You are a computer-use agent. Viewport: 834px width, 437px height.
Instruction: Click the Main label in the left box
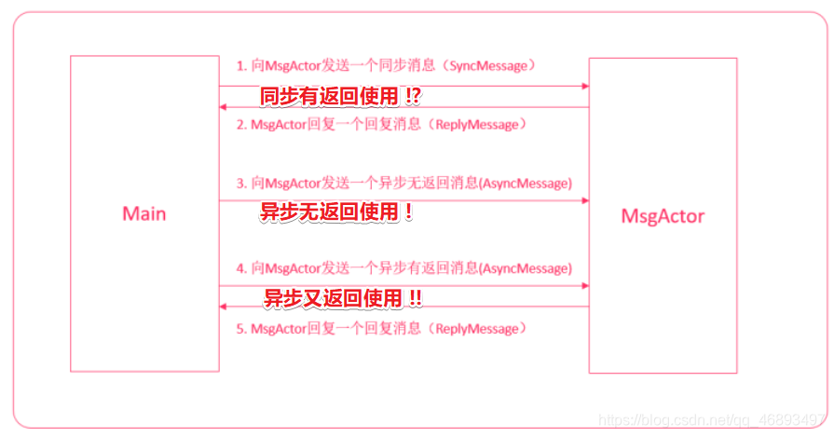144,213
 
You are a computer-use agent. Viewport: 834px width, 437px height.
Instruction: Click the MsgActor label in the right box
663,216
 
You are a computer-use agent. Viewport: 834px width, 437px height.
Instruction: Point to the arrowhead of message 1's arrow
585,86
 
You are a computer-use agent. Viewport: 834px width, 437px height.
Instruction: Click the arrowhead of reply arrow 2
224,107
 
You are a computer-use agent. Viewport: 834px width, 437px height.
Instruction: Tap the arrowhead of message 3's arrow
585,200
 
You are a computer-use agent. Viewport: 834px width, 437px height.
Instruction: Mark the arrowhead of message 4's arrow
585,286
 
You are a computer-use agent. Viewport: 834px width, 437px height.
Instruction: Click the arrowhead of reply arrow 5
224,307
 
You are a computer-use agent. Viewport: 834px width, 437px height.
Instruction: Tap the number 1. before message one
241,66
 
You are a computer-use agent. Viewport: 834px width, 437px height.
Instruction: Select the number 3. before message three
241,183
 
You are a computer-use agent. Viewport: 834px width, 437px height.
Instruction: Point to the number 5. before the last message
241,328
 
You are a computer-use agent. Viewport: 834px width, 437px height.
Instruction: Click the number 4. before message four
241,268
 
